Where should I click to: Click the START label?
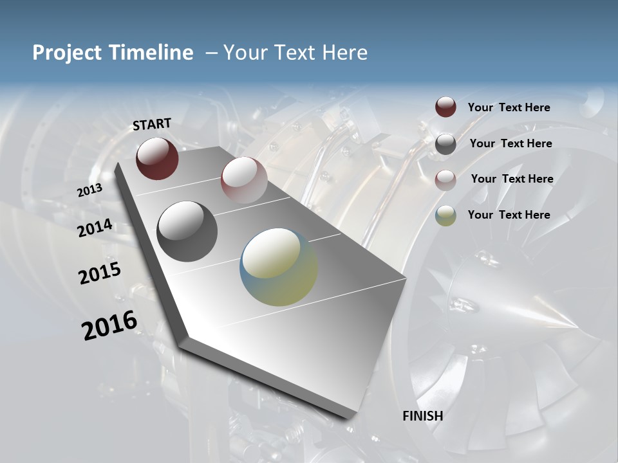152,123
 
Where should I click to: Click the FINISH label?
422,416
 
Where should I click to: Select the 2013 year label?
90,190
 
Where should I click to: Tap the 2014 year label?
95,228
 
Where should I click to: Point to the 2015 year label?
100,273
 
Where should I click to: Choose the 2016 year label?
109,325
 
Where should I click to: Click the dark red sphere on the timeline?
157,158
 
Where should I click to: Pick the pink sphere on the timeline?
244,180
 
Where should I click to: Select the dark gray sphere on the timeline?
187,232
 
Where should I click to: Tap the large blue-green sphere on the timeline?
279,267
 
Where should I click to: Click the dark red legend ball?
445,107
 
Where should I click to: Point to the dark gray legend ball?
445,144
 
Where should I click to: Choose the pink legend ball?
445,179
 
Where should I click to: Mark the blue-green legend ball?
445,215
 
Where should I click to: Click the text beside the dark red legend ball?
509,107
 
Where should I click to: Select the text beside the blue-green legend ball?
509,215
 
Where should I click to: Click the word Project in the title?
68,53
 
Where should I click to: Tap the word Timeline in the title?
152,53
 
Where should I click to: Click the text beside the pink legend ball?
512,179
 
